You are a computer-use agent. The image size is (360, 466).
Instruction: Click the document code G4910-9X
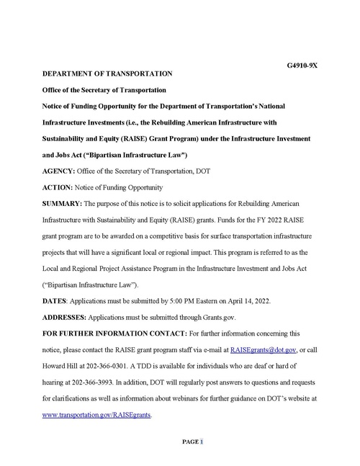tap(302, 65)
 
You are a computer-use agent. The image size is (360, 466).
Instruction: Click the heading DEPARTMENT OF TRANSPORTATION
tap(108, 74)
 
